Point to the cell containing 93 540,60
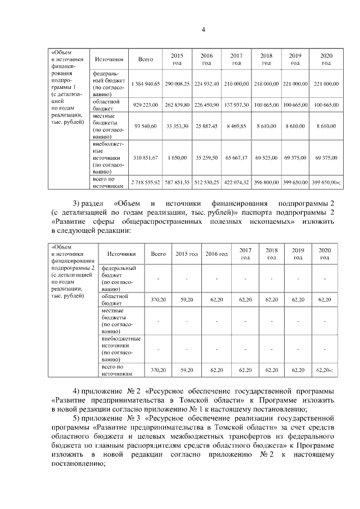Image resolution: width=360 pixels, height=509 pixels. click(146, 128)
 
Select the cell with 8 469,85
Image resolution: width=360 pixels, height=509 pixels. click(236, 128)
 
